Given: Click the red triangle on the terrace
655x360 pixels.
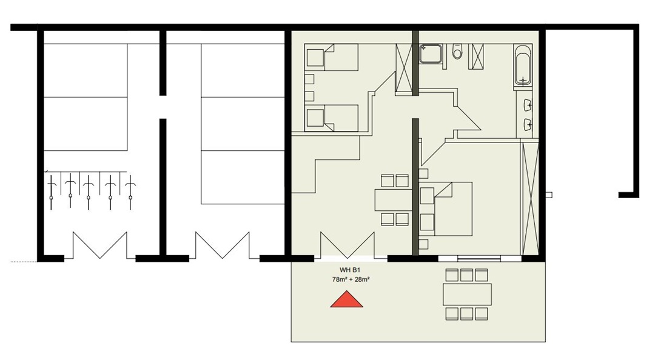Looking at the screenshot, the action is click(x=346, y=300).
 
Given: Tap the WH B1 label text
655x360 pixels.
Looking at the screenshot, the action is click(x=350, y=271).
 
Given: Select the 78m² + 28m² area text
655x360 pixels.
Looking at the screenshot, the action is click(x=350, y=279).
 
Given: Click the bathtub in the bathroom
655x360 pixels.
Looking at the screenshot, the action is click(x=523, y=65).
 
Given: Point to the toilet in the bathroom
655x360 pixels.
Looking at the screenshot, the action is click(x=458, y=52).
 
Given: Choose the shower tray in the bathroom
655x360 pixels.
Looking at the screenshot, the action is click(x=431, y=53).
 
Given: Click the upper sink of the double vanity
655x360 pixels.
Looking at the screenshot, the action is click(x=527, y=105).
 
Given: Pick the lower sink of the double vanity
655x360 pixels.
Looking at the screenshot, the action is click(x=527, y=124).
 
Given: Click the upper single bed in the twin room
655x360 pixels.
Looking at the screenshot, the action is click(x=332, y=57).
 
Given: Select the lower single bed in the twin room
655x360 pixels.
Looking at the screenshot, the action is click(x=332, y=118).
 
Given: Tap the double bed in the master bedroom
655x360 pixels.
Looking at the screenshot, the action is click(x=446, y=209).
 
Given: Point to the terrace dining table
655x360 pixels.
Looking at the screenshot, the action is click(x=467, y=295).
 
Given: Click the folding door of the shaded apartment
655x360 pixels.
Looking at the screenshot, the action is click(x=348, y=245).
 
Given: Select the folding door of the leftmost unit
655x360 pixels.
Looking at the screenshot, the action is click(x=100, y=245).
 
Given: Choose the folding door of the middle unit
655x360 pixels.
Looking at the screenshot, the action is click(x=222, y=245).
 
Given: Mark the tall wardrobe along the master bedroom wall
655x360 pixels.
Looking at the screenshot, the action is click(x=529, y=198).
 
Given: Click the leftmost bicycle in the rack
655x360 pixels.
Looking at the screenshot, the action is click(x=52, y=192).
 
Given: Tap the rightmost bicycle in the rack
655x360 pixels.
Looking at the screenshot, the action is click(x=131, y=192).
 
